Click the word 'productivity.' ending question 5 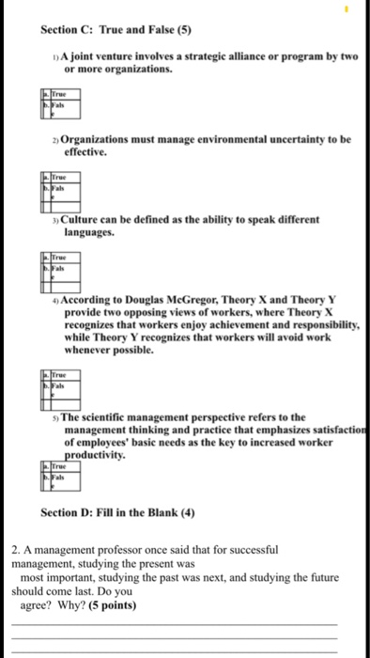pyautogui.click(x=96, y=449)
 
